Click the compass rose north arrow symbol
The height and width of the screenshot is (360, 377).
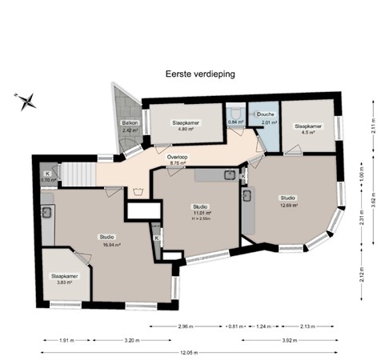coord(26,99)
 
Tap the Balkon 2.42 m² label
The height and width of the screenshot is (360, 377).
coord(130,126)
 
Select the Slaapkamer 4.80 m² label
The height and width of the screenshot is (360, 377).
coord(186,126)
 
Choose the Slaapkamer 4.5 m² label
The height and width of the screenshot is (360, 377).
coord(308,129)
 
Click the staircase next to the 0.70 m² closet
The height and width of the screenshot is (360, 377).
coord(78,173)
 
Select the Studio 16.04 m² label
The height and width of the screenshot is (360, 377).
coord(107,241)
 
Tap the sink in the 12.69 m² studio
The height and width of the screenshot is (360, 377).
coord(248,195)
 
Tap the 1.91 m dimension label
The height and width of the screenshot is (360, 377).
coord(66,340)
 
